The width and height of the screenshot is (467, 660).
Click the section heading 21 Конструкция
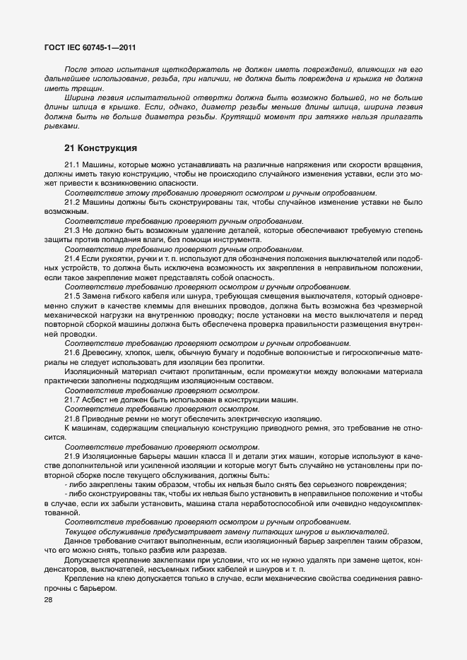[x=100, y=148]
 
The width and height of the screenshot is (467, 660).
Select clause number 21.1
[x=73, y=164]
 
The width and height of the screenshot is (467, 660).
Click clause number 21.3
[x=73, y=231]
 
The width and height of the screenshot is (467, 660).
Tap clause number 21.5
[x=73, y=296]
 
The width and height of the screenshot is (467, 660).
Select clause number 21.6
[x=73, y=352]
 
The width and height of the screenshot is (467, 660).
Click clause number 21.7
[x=73, y=399]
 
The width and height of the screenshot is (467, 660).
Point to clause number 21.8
[x=73, y=418]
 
